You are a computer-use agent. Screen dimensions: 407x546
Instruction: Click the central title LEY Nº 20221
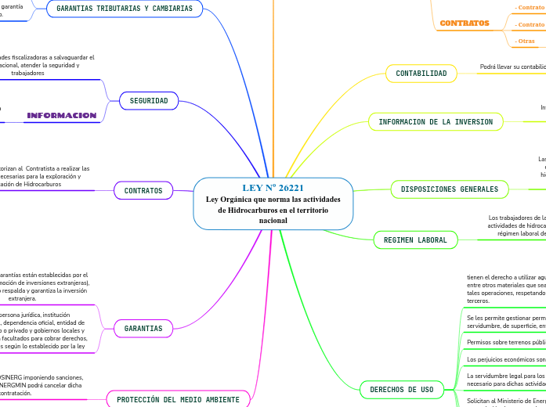point(273,188)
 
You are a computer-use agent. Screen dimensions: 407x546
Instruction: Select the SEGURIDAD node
point(149,101)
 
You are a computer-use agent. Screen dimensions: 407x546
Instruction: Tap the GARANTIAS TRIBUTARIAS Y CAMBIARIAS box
point(125,9)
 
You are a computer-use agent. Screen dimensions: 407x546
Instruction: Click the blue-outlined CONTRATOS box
point(143,190)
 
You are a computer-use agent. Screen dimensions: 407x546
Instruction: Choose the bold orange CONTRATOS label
point(465,23)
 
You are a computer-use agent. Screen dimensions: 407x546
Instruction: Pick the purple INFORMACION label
point(62,116)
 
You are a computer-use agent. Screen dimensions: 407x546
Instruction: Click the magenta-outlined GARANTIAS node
point(143,329)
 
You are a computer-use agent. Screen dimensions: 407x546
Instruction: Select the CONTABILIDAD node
point(421,74)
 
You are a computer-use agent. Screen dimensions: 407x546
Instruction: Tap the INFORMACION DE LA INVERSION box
point(436,122)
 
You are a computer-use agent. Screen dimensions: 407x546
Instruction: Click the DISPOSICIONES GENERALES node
point(450,189)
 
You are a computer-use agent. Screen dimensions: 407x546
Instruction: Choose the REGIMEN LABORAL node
point(415,240)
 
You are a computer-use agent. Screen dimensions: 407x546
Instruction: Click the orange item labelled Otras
point(526,41)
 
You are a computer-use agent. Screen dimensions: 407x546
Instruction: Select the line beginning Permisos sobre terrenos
point(505,342)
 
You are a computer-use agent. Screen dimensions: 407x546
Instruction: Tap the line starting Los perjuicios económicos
point(505,359)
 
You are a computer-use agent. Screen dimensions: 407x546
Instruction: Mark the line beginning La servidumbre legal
point(505,376)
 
